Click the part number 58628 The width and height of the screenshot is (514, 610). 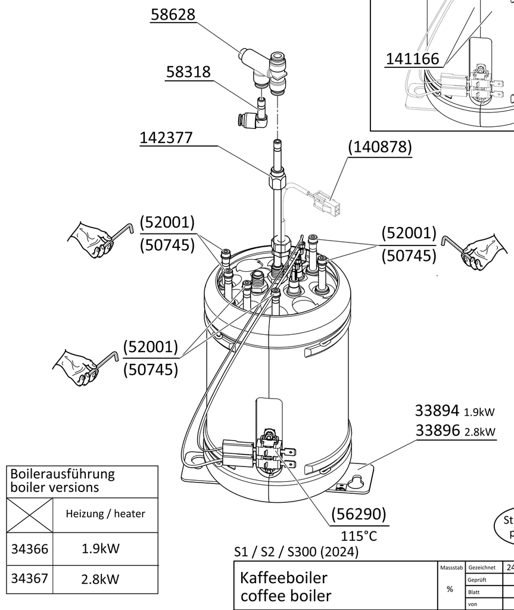[x=173, y=14]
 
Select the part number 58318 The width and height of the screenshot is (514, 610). [x=188, y=72]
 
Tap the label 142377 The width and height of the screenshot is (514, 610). [x=166, y=138]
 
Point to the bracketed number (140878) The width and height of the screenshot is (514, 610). [x=380, y=147]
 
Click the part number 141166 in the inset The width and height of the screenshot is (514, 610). [x=412, y=59]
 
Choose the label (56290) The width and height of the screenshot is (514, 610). [x=359, y=513]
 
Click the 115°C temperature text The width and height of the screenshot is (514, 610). [x=359, y=536]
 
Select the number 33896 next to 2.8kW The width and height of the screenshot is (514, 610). [x=437, y=430]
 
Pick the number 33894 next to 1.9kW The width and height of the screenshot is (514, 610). [x=437, y=410]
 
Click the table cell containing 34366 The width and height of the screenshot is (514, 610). [x=29, y=549]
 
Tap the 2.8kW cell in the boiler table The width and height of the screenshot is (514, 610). [x=101, y=578]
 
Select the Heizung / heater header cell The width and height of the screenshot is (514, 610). [x=105, y=513]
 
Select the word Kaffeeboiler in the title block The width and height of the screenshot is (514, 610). [x=284, y=577]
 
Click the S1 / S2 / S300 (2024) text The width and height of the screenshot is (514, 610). [x=297, y=552]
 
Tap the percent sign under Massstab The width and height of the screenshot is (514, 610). [x=450, y=589]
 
